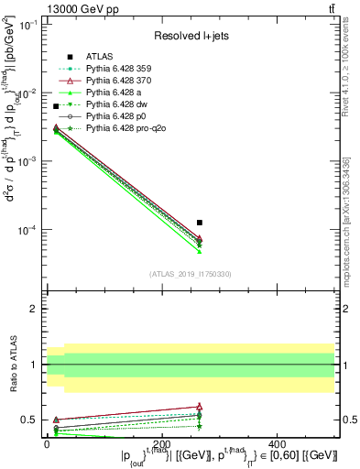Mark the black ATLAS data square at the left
[56, 106]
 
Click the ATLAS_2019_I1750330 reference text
[190, 274]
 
